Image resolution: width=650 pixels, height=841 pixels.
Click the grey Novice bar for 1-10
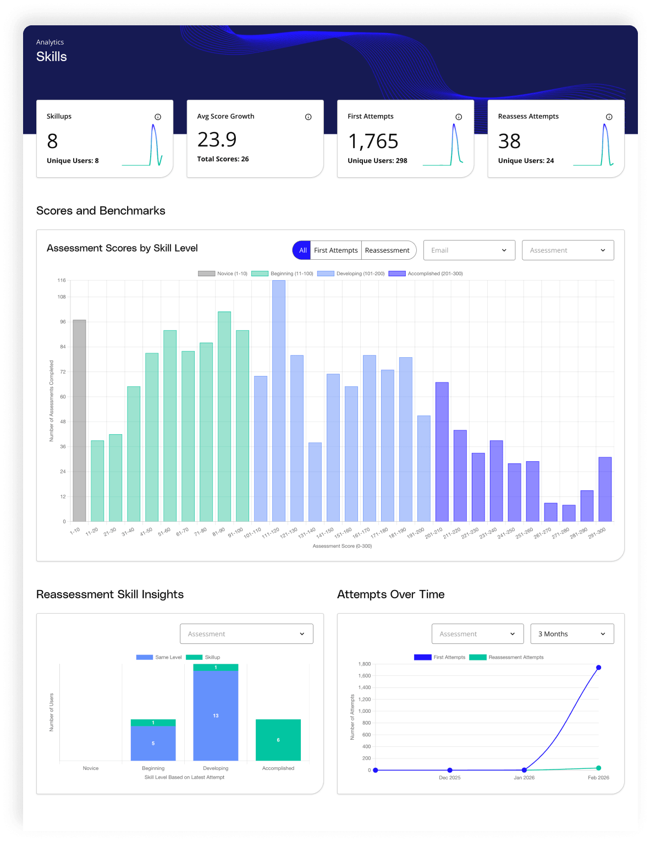pos(79,420)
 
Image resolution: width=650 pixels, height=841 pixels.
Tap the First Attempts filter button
pos(335,250)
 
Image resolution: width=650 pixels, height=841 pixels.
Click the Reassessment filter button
pos(387,250)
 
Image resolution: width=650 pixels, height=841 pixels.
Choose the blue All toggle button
pos(302,250)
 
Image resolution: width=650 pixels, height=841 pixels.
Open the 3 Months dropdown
pos(572,634)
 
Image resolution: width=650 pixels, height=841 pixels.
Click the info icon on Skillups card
pos(158,117)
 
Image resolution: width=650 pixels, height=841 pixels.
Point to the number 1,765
pos(373,141)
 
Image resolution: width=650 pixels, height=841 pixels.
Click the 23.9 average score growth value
pos(217,140)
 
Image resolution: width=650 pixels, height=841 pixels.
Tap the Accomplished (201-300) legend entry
pos(426,274)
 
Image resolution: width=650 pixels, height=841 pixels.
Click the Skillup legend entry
pos(203,657)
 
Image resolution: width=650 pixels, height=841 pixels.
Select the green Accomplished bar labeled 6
pos(278,740)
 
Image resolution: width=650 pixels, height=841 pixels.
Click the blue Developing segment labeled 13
pos(216,716)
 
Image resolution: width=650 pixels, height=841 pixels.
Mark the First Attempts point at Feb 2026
pos(598,668)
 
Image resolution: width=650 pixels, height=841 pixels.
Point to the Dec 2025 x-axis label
pos(450,778)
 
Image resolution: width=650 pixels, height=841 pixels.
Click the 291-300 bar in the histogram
pos(605,489)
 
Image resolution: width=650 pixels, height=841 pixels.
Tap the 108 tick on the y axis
pos(62,297)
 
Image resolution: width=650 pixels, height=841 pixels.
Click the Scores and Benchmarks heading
pos(101,211)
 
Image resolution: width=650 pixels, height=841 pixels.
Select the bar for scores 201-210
pos(442,451)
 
